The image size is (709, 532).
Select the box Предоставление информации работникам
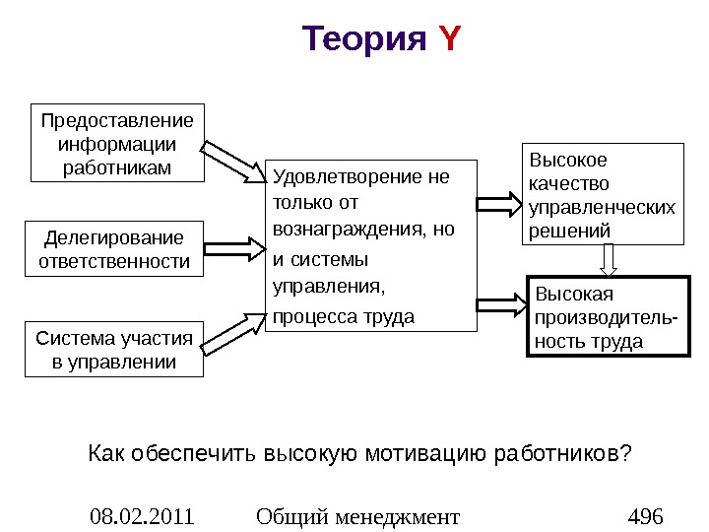(x=117, y=143)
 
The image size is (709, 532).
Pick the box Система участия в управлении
(x=114, y=350)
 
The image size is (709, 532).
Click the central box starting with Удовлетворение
(x=370, y=245)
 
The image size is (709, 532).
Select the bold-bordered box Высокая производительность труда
(x=604, y=317)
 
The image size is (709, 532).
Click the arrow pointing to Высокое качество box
(x=500, y=205)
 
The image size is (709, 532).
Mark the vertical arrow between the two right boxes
(x=609, y=259)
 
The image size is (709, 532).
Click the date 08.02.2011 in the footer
(x=142, y=515)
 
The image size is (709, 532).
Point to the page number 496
(x=646, y=515)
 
